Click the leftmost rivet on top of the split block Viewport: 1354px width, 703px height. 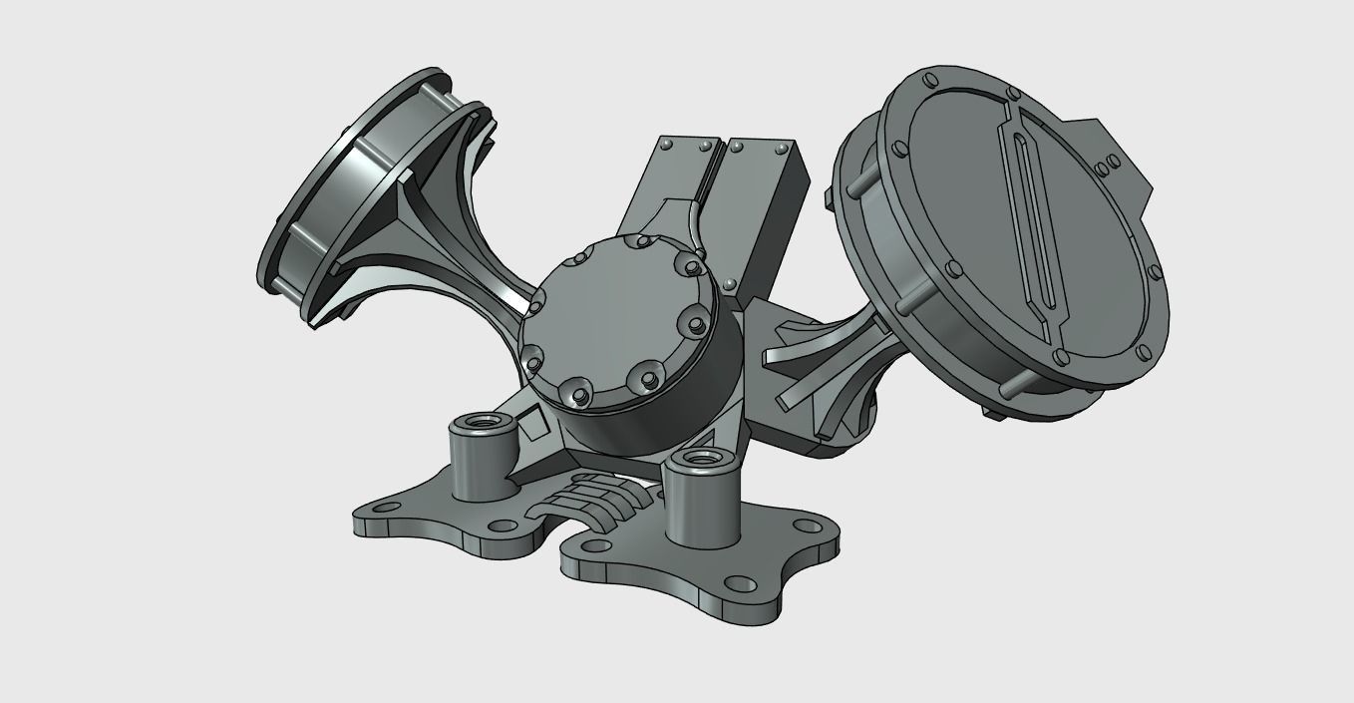coord(666,145)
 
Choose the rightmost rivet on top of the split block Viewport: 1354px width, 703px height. coord(781,149)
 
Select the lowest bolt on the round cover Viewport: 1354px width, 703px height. coord(577,398)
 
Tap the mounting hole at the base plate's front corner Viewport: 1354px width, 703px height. coord(738,583)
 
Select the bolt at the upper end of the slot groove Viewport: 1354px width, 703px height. coord(1015,95)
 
